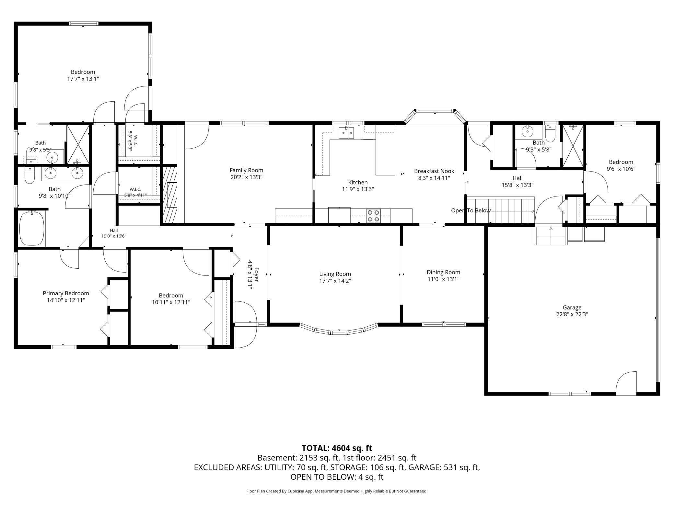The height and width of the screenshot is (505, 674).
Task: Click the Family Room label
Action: [x=246, y=170]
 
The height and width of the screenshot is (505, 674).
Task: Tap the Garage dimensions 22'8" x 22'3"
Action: [x=572, y=314]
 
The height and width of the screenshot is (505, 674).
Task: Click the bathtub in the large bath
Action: [x=32, y=228]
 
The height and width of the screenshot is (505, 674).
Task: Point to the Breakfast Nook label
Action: [x=434, y=171]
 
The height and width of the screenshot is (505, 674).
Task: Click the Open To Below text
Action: [x=471, y=211]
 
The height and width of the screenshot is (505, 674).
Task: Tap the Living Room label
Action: [x=335, y=274]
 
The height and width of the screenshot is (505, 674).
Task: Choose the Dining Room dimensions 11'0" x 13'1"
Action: [x=443, y=279]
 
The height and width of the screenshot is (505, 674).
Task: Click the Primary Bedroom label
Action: [x=66, y=293]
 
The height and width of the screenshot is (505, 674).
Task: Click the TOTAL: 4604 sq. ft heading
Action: [x=337, y=448]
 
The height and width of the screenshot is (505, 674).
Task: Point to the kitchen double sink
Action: [x=346, y=133]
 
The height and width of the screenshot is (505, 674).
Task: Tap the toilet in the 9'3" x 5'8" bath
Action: [x=550, y=136]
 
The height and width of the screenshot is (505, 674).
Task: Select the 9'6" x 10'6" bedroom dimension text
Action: [x=621, y=169]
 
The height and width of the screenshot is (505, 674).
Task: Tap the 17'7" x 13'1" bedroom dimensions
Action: [x=83, y=79]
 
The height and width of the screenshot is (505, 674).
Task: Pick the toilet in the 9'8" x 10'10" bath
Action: [x=29, y=175]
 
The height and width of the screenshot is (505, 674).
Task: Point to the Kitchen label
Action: [x=358, y=182]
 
